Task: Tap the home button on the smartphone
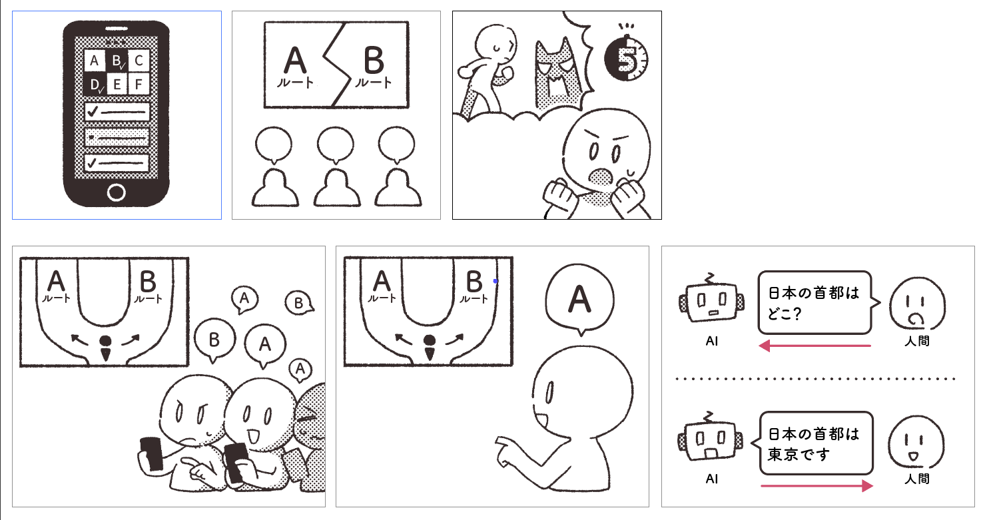117,192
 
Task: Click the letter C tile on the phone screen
139,61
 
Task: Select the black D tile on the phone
95,84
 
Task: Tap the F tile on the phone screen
139,84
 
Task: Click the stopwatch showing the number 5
626,57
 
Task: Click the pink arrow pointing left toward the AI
815,346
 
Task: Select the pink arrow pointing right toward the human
817,485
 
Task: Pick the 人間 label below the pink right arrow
917,479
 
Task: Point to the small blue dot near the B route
495,281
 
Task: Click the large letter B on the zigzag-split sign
374,61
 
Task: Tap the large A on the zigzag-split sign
295,61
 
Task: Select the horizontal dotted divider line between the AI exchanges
815,379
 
